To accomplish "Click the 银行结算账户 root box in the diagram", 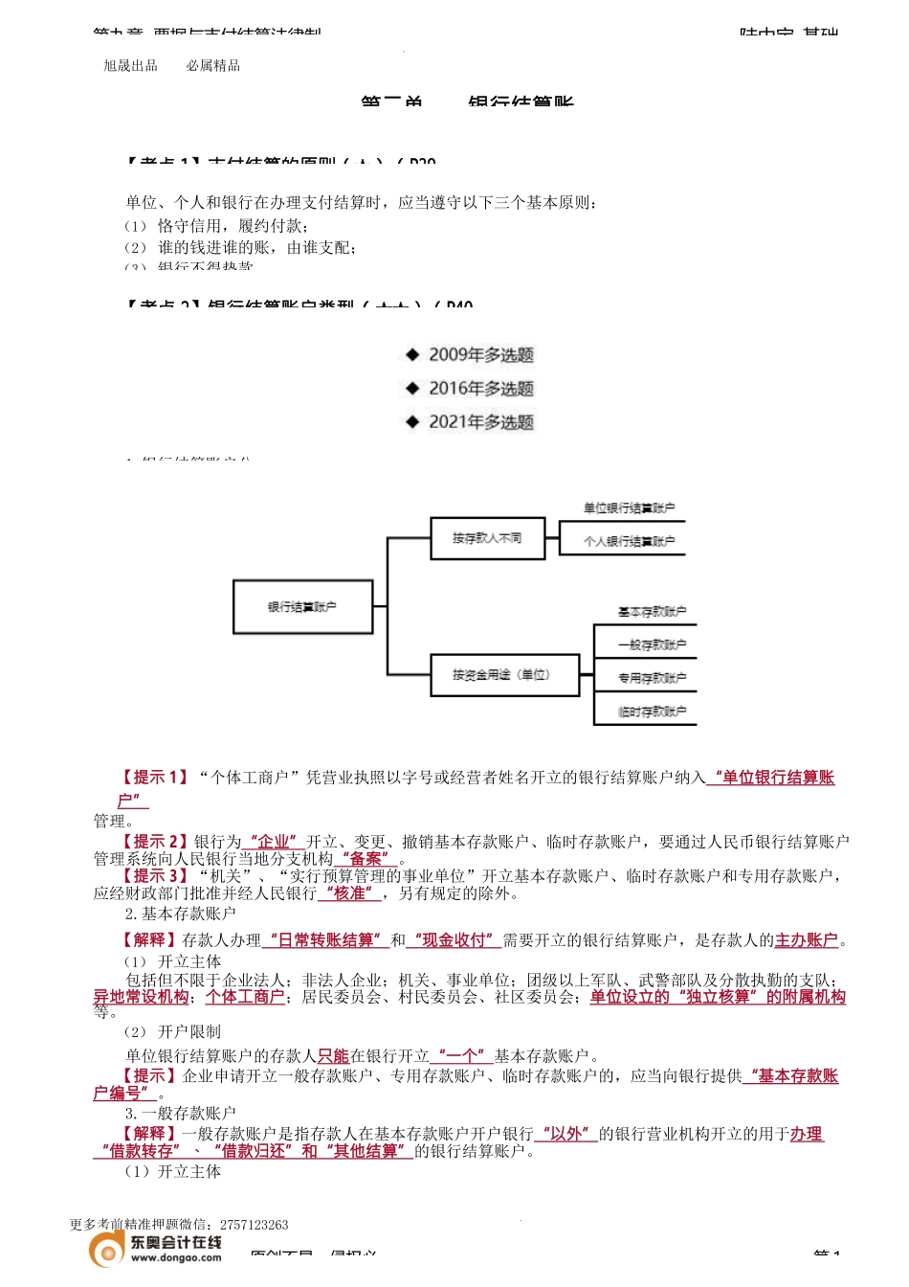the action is pyautogui.click(x=302, y=607).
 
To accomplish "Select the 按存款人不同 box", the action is pyautogui.click(x=487, y=538).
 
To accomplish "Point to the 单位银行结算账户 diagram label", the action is pyautogui.click(x=629, y=508).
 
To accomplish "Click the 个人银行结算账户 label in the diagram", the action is pyautogui.click(x=629, y=542).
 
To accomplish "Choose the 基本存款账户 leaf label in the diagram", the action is pyautogui.click(x=652, y=612).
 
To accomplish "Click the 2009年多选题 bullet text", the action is pyautogui.click(x=480, y=355).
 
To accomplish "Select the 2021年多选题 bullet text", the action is pyautogui.click(x=480, y=422).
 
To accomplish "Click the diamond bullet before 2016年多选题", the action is pyautogui.click(x=412, y=388).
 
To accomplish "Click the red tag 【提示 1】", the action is pyautogui.click(x=153, y=778).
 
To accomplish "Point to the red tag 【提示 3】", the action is pyautogui.click(x=153, y=876).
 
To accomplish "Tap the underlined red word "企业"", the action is pyautogui.click(x=274, y=842).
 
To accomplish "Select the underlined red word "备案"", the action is pyautogui.click(x=366, y=859).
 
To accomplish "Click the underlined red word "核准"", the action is pyautogui.click(x=349, y=893).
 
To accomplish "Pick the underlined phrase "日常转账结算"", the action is pyautogui.click(x=324, y=940).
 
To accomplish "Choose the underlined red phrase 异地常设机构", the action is pyautogui.click(x=141, y=997).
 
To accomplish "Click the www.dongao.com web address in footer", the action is pyautogui.click(x=176, y=1258).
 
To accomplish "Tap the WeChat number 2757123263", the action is pyautogui.click(x=254, y=1225).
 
